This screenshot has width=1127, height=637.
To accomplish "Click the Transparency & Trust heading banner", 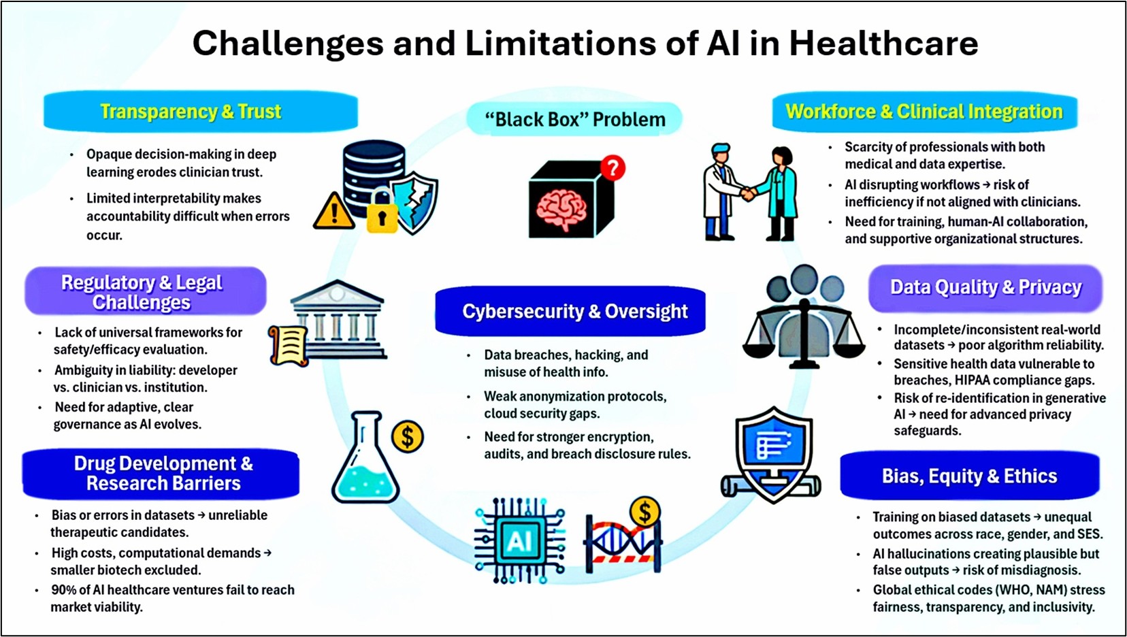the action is click(201, 111).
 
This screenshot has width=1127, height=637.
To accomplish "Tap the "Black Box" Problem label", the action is click(574, 119).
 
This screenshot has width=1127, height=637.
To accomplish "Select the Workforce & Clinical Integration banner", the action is click(925, 111).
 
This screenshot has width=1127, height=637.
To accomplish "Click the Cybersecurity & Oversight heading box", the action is click(570, 311).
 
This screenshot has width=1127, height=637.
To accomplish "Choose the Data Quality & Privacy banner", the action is click(985, 287).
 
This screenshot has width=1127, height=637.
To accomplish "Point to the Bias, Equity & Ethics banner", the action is click(970, 476).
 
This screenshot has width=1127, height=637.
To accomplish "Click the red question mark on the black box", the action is click(612, 167).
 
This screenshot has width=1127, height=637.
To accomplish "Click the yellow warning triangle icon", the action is click(333, 212).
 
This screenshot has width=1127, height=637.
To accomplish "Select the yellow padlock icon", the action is click(382, 212).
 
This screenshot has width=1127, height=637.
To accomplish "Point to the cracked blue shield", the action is click(414, 203).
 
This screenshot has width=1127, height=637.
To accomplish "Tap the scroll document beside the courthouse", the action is click(289, 346).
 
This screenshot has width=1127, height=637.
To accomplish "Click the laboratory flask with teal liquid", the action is click(365, 458).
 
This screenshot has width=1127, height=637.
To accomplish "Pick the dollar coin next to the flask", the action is click(407, 437).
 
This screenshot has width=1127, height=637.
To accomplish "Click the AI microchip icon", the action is click(519, 541).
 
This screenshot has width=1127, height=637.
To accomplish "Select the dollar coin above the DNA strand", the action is click(645, 512).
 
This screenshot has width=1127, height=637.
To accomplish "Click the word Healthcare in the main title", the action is click(883, 44).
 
